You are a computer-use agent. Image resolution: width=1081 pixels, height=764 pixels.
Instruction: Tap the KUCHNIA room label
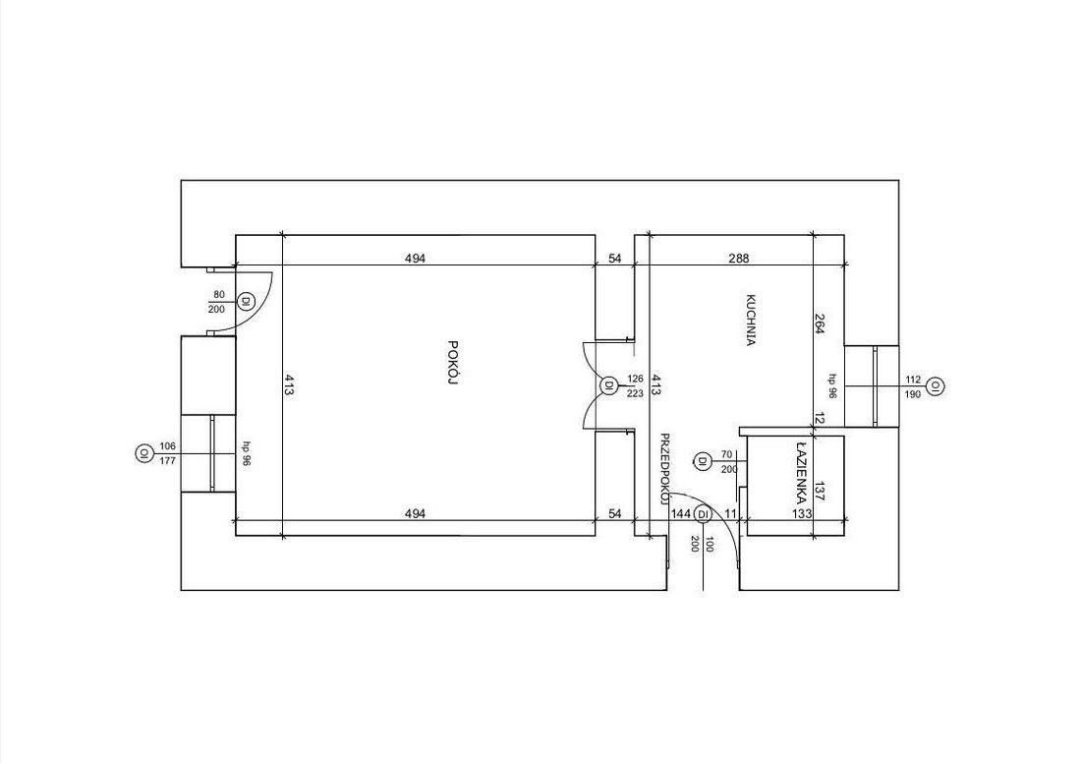752,321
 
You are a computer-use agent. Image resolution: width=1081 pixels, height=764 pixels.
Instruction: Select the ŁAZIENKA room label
801,471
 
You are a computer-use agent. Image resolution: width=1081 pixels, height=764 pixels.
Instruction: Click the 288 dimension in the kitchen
738,259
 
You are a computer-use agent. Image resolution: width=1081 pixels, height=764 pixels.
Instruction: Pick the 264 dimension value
820,324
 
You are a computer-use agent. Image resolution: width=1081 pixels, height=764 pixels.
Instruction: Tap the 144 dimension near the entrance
681,513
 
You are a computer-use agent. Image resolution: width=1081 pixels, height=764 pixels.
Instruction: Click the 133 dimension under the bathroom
802,513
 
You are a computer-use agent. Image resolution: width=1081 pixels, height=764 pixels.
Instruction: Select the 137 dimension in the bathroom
820,491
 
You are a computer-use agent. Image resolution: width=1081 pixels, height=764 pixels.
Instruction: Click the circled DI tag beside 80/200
246,301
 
